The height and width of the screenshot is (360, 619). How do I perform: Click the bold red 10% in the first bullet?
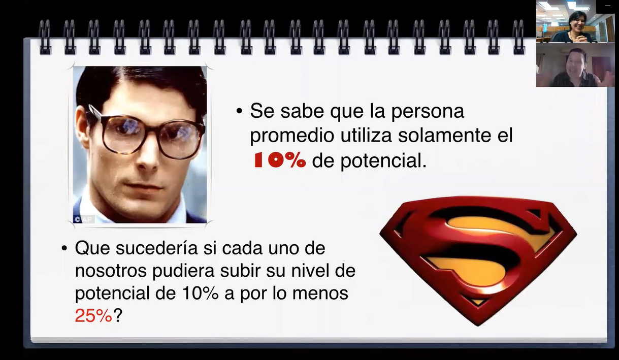click(280, 160)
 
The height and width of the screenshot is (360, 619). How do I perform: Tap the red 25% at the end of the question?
click(93, 315)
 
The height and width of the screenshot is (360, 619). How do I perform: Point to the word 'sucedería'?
click(157, 248)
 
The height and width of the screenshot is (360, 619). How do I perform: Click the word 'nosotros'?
click(111, 271)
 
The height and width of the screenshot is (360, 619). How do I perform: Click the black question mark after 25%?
click(118, 315)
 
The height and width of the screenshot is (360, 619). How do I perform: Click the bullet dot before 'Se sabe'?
click(239, 111)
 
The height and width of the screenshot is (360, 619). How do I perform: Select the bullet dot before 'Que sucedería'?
click(64, 248)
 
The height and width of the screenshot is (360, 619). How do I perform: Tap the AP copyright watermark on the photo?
click(83, 219)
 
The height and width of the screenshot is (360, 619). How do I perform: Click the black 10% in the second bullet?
click(201, 293)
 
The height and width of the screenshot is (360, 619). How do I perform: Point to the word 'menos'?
click(320, 293)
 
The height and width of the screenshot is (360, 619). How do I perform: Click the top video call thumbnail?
click(575, 21)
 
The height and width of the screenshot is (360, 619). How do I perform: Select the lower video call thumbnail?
click(575, 65)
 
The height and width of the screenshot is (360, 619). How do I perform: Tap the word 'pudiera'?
click(183, 272)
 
